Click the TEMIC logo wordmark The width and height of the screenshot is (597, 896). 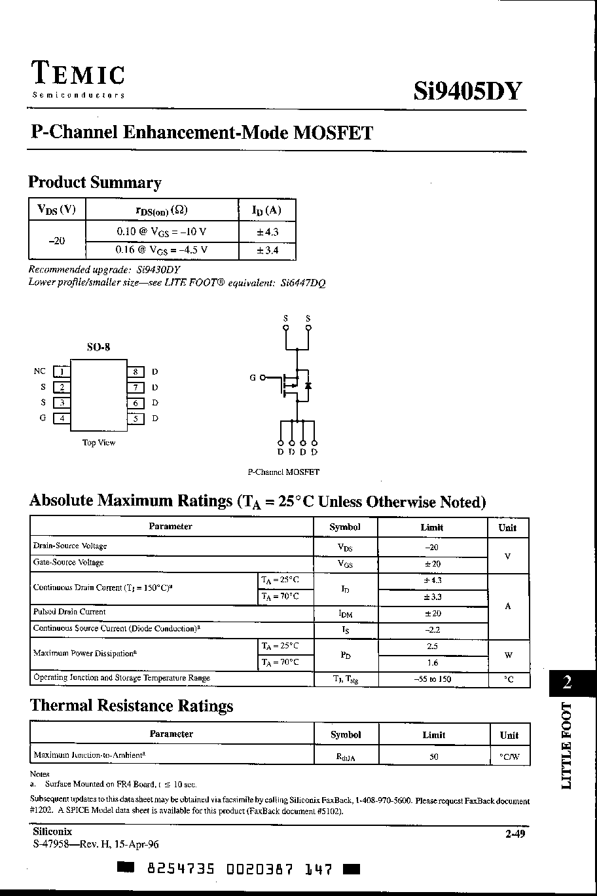coord(78,74)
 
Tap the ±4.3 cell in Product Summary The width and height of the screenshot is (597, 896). coord(267,232)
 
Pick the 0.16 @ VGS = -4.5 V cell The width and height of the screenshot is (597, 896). coord(162,250)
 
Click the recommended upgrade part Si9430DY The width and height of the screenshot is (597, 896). coord(159,270)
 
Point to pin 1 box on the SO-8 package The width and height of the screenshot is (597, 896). coord(62,372)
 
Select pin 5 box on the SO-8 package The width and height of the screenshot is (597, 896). coord(136,419)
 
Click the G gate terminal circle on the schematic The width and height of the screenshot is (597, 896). coord(263,377)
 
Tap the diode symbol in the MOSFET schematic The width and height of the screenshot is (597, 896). coord(308,386)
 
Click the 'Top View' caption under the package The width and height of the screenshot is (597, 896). coord(98,443)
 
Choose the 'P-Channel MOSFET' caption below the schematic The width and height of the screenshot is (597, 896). coord(283,472)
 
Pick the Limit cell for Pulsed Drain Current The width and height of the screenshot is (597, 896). coord(432,614)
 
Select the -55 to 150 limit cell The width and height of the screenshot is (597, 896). coord(432,679)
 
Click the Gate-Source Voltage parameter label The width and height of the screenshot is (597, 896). coord(68,563)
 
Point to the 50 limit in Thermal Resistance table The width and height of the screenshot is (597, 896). coord(433,756)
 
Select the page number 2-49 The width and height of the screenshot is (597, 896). coord(515,834)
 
